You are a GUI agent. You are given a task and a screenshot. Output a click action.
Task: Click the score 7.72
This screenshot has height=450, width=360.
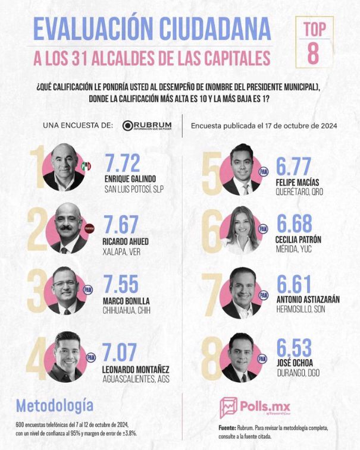[126, 162]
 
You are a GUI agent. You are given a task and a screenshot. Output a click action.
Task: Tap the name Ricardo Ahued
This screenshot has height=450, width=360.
[127, 241]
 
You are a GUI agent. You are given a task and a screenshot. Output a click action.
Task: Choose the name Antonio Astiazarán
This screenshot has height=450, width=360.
[308, 299]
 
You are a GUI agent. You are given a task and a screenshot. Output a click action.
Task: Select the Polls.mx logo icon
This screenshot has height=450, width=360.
[228, 408]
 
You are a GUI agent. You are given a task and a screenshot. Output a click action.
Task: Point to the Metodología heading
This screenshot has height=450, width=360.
[55, 405]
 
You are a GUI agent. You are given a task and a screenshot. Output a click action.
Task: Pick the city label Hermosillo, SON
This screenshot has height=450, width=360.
[300, 310]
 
